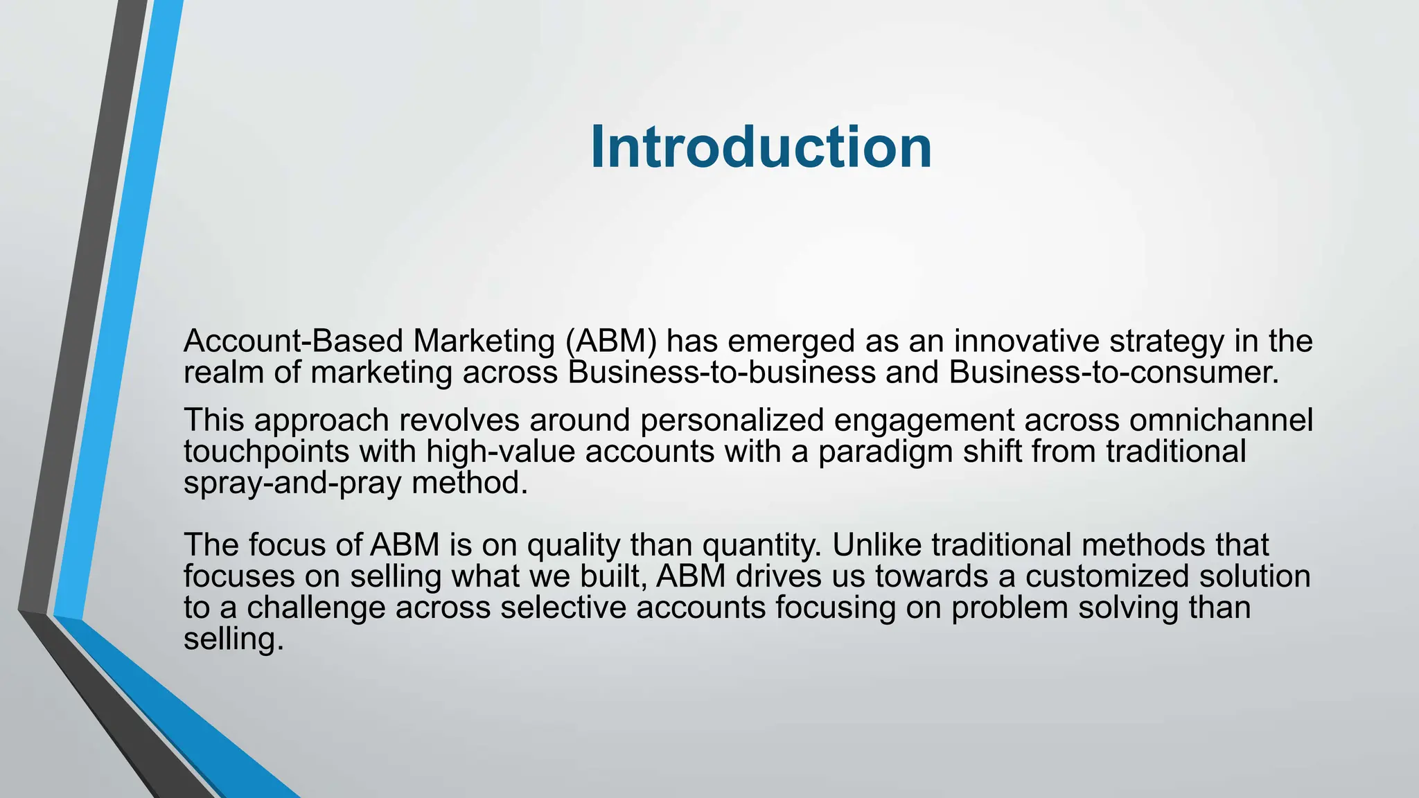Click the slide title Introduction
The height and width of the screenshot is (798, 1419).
(761, 147)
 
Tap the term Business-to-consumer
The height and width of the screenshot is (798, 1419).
(1113, 373)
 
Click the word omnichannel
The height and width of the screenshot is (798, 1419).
(1221, 420)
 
